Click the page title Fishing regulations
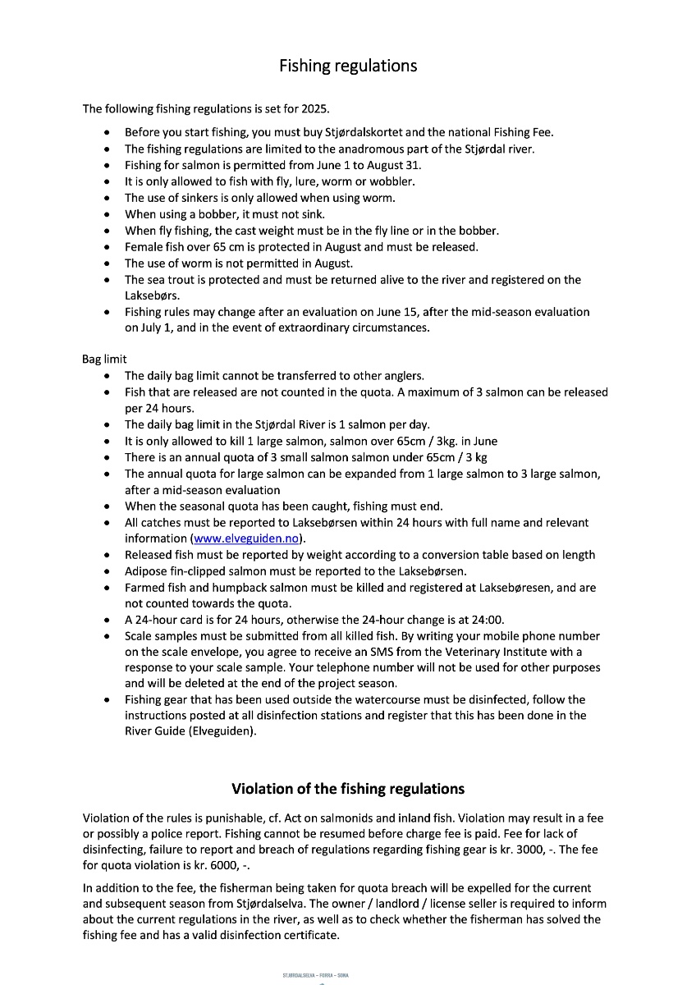coord(348,66)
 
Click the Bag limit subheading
coord(104,360)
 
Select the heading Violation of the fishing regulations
coord(348,789)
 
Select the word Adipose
coord(148,571)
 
